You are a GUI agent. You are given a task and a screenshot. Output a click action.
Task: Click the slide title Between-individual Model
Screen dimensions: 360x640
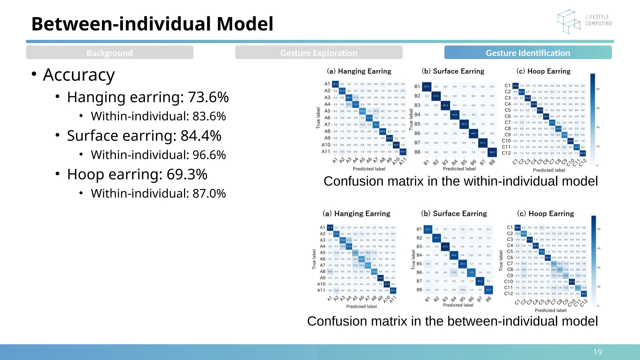[x=152, y=24]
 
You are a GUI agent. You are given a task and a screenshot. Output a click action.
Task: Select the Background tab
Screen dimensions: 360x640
[x=109, y=53]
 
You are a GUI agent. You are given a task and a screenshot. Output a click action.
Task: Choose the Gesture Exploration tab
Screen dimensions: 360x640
[x=318, y=53]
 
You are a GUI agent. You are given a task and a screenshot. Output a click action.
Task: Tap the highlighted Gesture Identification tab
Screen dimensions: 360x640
[x=527, y=53]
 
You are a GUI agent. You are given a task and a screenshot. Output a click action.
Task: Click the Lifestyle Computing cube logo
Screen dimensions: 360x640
[x=568, y=22]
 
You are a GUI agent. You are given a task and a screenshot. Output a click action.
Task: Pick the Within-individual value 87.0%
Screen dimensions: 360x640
[x=209, y=194]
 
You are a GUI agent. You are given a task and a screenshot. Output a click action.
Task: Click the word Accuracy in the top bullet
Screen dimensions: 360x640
[x=79, y=75]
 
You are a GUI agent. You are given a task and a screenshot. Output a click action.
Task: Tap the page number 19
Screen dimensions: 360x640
[x=597, y=352]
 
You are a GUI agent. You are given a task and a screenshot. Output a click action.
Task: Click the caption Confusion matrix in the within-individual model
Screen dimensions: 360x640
[x=460, y=181]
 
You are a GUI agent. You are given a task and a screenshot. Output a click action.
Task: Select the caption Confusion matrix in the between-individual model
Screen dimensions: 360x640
[x=452, y=321]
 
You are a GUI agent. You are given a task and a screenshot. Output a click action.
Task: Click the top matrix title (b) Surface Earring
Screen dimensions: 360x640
[x=453, y=71]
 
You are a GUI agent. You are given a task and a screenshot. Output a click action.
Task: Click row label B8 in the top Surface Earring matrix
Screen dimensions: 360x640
[x=417, y=152]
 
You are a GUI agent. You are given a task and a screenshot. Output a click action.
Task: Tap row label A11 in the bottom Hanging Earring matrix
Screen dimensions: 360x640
[x=321, y=290]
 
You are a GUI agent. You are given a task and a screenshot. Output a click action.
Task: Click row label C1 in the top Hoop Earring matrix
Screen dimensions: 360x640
[x=507, y=86]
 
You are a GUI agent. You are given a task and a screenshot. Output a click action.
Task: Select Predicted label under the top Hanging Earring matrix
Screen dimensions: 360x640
[x=369, y=169]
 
